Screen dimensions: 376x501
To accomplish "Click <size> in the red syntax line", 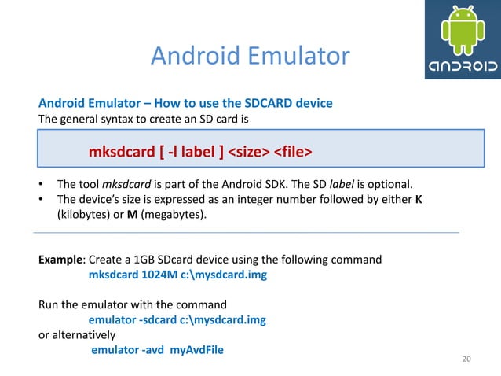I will point(249,149).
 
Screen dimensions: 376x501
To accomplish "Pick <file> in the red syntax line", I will point(293,149).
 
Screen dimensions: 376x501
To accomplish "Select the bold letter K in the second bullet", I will point(419,199).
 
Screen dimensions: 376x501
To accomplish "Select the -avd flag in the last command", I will point(152,349).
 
